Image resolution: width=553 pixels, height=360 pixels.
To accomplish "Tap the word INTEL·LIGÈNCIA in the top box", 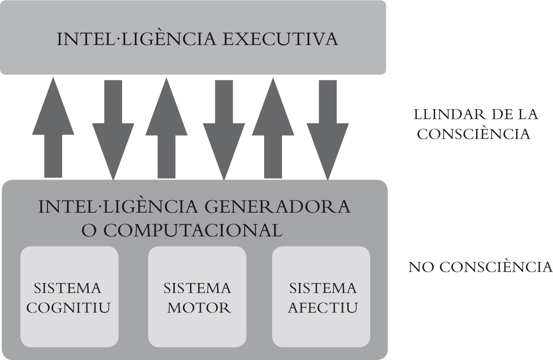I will (136, 39).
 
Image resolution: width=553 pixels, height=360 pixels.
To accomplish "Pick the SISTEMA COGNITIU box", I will (69, 297).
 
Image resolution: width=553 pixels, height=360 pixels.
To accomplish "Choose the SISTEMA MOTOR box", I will (197, 297).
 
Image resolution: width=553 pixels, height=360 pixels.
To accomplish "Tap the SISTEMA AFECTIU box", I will (321, 297).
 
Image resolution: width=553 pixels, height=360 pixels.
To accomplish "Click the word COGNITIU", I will (68, 308).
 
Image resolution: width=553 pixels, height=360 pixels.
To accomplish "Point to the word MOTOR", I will (199, 308).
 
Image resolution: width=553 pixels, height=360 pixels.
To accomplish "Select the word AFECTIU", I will (323, 308).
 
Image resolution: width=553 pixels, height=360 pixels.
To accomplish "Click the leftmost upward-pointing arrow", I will (53, 128).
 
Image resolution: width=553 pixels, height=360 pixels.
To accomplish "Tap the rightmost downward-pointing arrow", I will (327, 128).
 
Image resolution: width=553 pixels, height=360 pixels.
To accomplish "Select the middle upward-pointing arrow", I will (166, 128).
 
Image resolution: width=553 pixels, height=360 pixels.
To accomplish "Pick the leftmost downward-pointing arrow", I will (113, 128).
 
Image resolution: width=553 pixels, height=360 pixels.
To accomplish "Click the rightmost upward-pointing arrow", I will (272, 128).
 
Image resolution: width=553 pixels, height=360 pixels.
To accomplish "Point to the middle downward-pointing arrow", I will (224, 128).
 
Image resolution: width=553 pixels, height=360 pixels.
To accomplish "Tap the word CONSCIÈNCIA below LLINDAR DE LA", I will (473, 134).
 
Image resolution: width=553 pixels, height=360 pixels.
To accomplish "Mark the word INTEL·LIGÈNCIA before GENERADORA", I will (120, 207).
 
